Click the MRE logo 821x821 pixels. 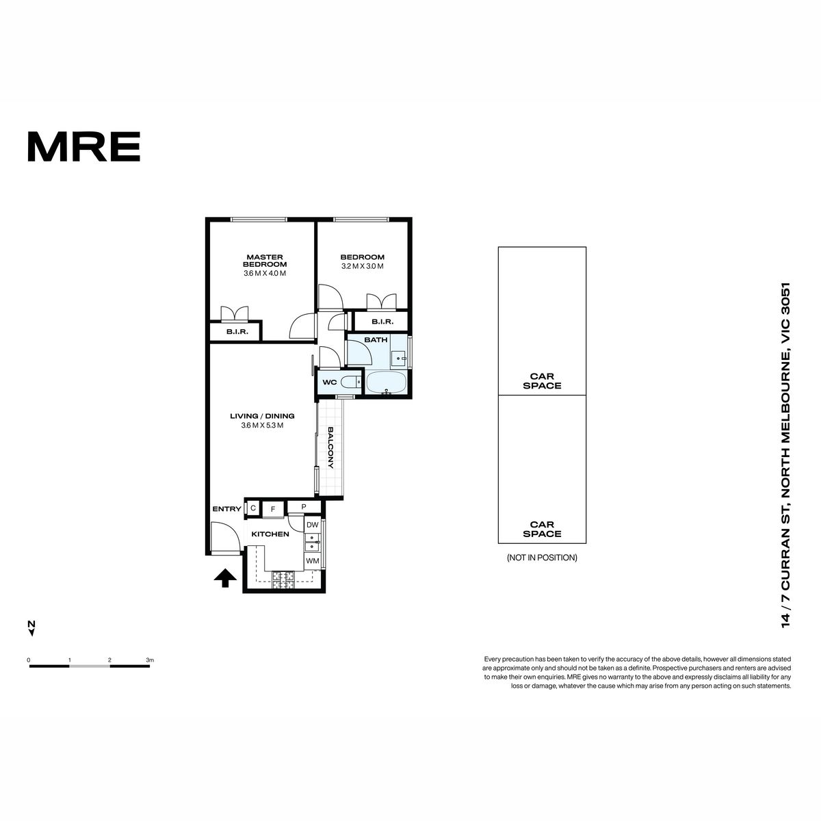point(84,146)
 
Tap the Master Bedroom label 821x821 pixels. point(265,260)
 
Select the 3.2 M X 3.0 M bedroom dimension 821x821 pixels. point(362,266)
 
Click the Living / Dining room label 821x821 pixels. point(262,416)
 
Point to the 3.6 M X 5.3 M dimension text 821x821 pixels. point(262,425)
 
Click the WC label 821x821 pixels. point(329,382)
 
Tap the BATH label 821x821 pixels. point(376,339)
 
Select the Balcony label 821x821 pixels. point(330,447)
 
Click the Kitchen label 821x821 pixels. point(270,534)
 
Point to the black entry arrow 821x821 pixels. point(225,578)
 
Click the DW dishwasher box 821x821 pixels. point(312,525)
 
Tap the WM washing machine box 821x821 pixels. point(312,561)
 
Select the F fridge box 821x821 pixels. point(273,509)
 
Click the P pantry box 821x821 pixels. point(304,506)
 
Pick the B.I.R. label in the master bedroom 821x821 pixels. point(237,331)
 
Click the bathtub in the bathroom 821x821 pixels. point(387,382)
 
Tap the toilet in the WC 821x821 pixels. point(351,382)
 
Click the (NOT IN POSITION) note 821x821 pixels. point(542,558)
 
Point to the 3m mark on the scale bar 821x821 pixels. point(150,660)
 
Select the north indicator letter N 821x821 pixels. point(31,624)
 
